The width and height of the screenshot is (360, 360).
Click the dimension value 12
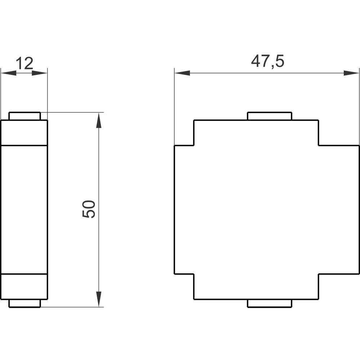tap(24, 64)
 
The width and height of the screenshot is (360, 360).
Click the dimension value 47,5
tap(267, 62)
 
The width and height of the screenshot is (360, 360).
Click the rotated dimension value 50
tap(89, 209)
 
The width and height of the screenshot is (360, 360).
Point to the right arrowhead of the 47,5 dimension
tap(351, 73)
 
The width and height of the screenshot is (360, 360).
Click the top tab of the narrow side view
tap(24, 116)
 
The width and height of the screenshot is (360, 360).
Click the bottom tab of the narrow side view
tap(24, 303)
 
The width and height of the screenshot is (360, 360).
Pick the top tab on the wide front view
tap(270, 116)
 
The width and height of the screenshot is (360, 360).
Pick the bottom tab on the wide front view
tap(270, 303)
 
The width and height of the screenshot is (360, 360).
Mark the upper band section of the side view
tap(24, 133)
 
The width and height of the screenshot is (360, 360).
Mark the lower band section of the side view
tap(24, 287)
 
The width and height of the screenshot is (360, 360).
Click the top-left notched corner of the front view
tap(184, 133)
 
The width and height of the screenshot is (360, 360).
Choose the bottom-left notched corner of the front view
tap(184, 287)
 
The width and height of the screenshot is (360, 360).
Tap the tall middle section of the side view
tap(24, 210)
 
